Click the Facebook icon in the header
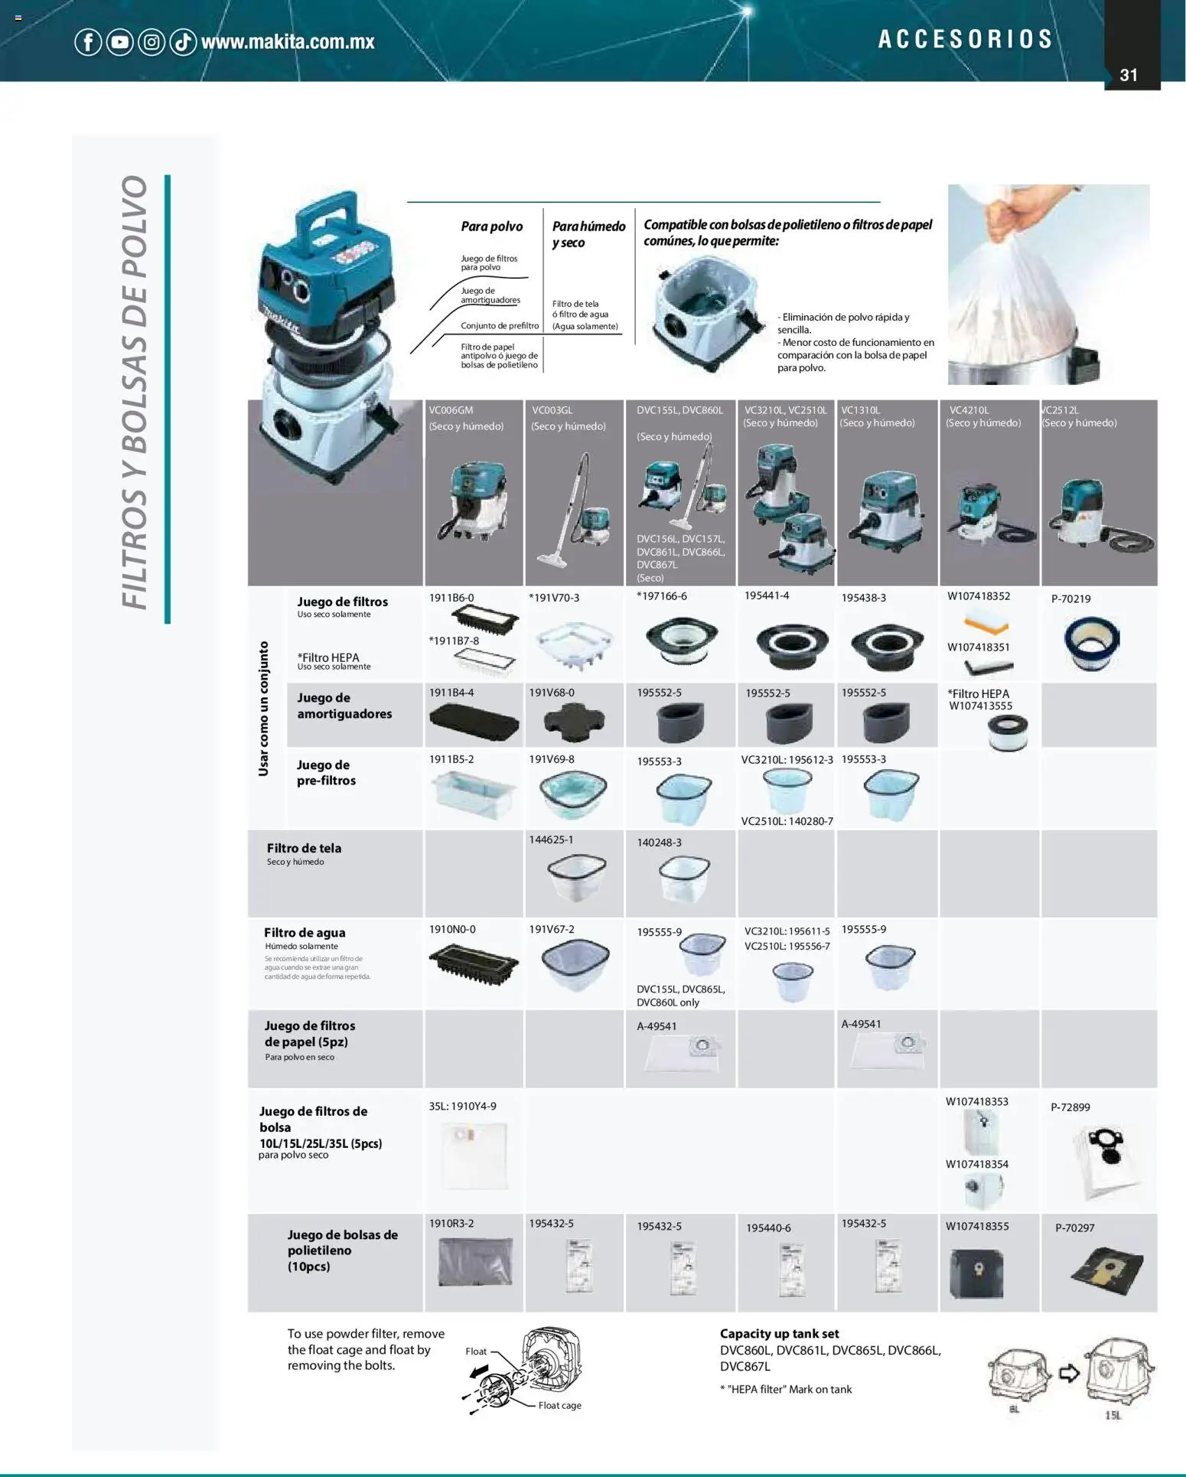88,42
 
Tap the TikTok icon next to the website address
183,42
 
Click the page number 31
1129,75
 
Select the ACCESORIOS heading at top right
966,39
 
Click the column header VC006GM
451,410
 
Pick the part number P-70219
1070,598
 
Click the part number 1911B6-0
451,598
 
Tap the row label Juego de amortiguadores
344,706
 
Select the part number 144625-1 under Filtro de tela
551,840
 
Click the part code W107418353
976,1101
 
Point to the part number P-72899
1070,1107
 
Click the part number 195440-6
768,1228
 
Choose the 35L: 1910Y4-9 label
462,1106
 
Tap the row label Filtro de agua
305,932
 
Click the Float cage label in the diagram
559,1405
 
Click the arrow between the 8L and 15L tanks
1069,1373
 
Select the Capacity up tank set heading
779,1333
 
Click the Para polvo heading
491,227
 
